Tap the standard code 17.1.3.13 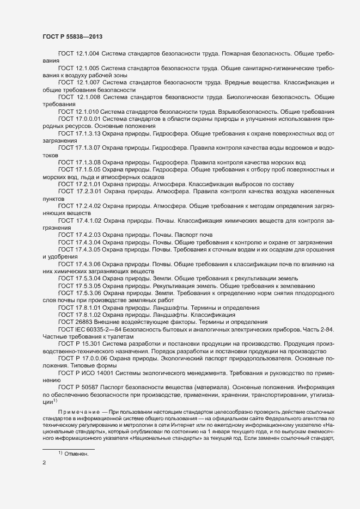[88, 133]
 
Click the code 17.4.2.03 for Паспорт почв [88, 235]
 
